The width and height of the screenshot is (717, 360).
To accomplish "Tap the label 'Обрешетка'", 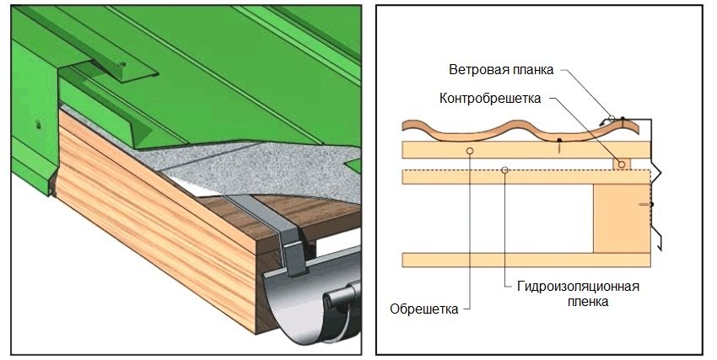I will click(x=424, y=309).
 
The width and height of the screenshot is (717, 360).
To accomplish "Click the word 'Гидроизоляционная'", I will click(x=578, y=286).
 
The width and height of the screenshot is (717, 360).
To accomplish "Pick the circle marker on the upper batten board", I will click(x=469, y=150).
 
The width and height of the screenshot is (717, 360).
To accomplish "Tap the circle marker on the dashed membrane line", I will click(x=504, y=170).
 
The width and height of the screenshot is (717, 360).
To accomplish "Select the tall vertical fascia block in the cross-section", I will click(x=622, y=217).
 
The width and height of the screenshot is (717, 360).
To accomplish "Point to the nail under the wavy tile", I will click(x=559, y=145).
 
